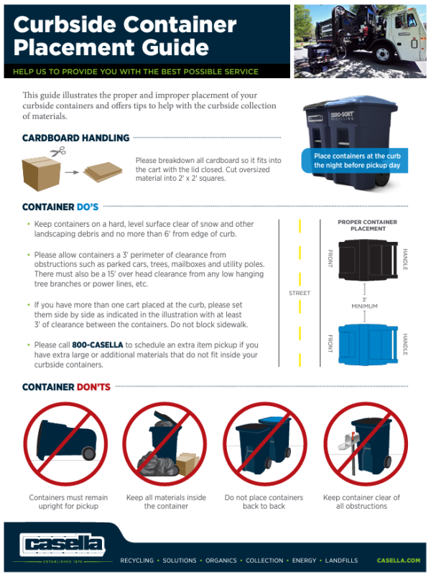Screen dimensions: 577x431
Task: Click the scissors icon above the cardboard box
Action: [x=58, y=151]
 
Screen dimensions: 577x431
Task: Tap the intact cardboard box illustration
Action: [x=40, y=172]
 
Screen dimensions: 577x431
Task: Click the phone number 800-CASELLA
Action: [x=96, y=345]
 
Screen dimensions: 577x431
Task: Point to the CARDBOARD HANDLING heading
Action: [x=75, y=138]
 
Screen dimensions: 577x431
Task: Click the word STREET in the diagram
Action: [x=299, y=293]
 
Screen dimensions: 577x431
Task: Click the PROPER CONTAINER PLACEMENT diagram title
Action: [x=367, y=226]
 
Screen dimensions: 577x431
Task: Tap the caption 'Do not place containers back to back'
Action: [x=264, y=502]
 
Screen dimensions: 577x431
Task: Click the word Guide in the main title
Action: [x=175, y=49]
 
